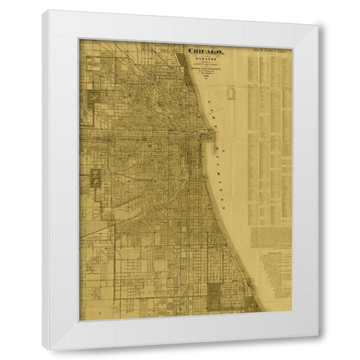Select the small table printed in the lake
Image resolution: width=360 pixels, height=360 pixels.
(230, 93)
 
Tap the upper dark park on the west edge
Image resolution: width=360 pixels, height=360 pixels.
(93, 97)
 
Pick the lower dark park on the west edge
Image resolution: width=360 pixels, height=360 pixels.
(96, 178)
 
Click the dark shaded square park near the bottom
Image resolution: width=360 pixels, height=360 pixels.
(214, 295)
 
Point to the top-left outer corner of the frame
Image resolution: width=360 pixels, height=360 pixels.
(43, 10)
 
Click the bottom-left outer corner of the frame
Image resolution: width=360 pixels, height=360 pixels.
(43, 349)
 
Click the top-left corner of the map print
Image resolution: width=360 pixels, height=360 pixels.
(79, 40)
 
